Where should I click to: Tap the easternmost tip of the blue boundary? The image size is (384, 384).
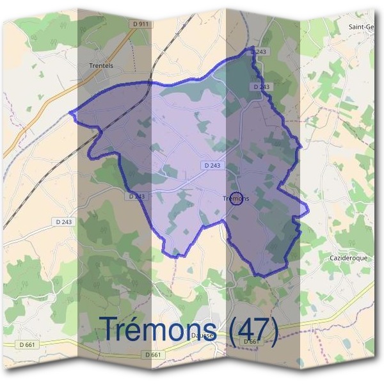click(308, 207)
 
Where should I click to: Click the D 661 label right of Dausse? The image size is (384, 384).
click(250, 342)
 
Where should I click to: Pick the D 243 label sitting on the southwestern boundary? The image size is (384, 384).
click(136, 196)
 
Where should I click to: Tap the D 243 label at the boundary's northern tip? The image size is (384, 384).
click(259, 51)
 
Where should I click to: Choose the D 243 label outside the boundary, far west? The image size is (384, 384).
click(61, 221)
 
